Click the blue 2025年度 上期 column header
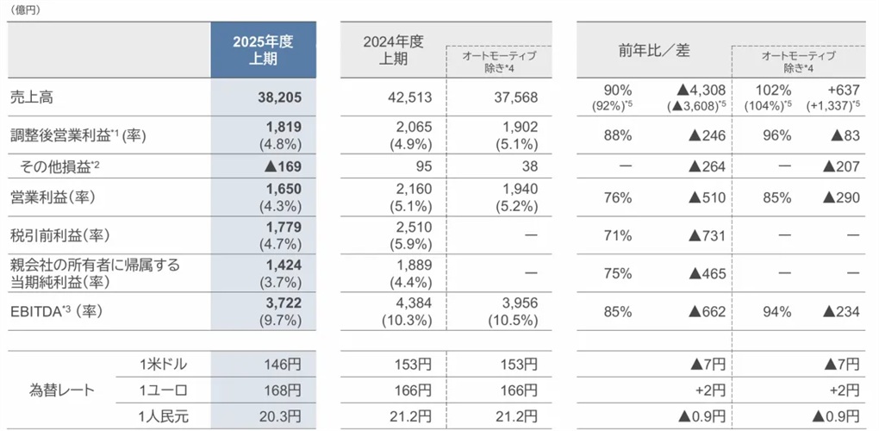[x=263, y=50]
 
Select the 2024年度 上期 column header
[x=393, y=50]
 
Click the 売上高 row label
[x=34, y=97]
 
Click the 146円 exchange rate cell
[x=283, y=365]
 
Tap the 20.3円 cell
[x=280, y=415]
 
